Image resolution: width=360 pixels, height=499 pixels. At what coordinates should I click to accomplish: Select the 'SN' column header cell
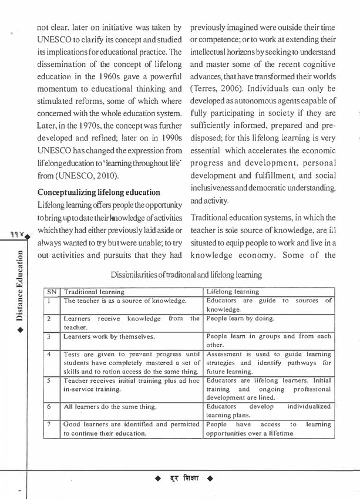pyautogui.click(x=52, y=291)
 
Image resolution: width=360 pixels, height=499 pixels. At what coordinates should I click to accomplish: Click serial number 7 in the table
pyautogui.click(x=52, y=424)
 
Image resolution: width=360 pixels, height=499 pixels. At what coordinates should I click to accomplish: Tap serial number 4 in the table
pyautogui.click(x=52, y=355)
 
